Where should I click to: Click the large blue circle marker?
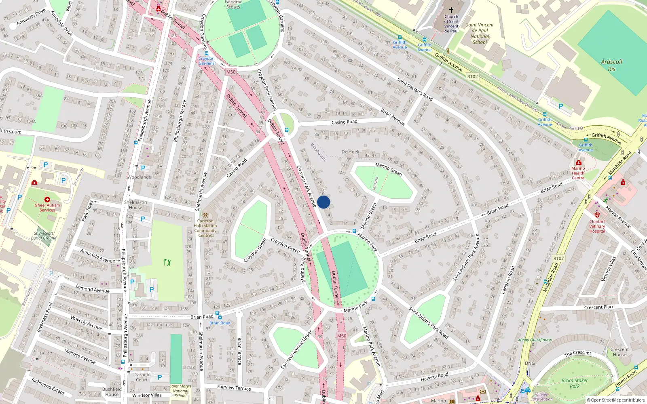pos(323,202)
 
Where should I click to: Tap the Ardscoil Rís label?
pos(611,65)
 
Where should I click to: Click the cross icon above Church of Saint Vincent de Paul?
pos(451,10)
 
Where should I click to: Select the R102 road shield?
pos(472,76)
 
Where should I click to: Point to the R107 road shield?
pos(558,258)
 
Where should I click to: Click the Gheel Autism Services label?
pos(47,207)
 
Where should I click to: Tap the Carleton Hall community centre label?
pos(205,228)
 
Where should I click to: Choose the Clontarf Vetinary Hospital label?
pos(597,226)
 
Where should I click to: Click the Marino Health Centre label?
pos(578,173)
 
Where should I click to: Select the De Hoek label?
pos(350,152)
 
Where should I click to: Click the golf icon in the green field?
pos(167,262)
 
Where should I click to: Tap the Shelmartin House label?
pos(135,205)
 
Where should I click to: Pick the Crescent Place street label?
pos(599,307)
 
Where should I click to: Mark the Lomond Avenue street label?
pos(93,288)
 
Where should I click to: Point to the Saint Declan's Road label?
pos(415,89)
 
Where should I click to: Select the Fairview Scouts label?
pos(233,4)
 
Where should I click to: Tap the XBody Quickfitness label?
pos(535,340)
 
